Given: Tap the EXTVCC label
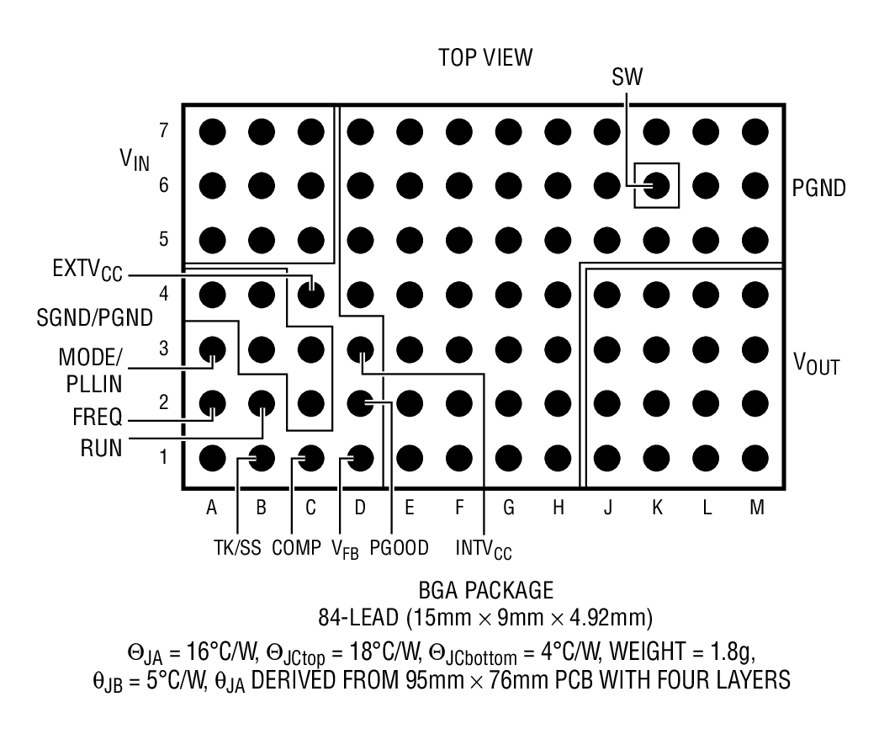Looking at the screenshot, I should point(85,274).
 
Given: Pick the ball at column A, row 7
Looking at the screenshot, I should point(212,131).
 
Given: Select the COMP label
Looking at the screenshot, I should point(295,548).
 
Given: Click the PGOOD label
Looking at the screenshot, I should point(400,548).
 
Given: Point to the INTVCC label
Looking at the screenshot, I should point(484,550).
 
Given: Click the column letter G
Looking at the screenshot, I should point(508,508).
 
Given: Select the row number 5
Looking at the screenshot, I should point(163,239).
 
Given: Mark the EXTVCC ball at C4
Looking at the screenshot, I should point(311,294).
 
